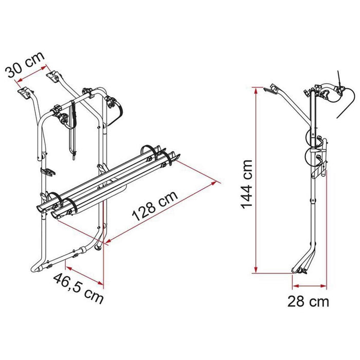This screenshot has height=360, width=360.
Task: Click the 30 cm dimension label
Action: (25, 64)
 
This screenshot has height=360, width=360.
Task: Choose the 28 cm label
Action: (308, 301)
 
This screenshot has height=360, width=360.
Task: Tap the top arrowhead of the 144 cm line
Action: (256, 88)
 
